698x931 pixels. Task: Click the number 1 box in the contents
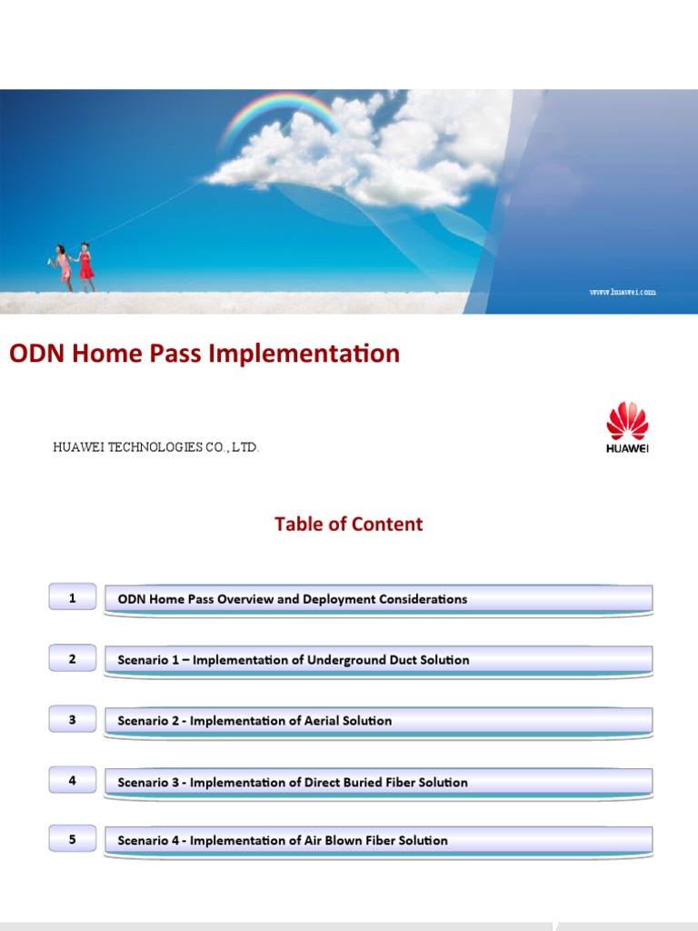point(72,597)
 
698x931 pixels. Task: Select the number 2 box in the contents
point(72,658)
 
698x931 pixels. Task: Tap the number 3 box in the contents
point(72,719)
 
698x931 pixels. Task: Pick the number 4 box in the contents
point(72,779)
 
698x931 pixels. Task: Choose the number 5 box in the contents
point(72,839)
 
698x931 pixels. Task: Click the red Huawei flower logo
point(627,420)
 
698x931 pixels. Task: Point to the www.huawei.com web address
point(622,292)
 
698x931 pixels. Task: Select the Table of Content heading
point(348,524)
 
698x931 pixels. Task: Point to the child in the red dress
point(86,265)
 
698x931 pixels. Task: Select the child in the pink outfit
point(63,266)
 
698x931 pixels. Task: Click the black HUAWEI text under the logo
point(627,447)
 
